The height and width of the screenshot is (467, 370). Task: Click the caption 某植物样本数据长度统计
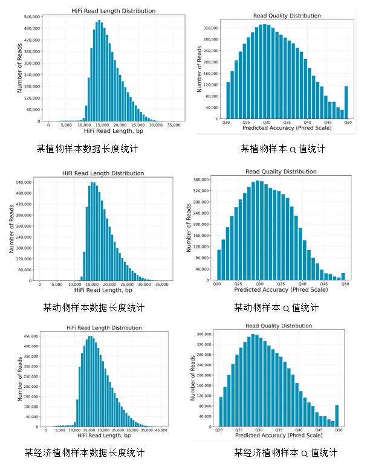(x=86, y=148)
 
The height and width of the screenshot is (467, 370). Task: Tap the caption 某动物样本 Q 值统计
(x=276, y=308)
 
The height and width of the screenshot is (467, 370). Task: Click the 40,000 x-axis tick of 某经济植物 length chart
(x=161, y=430)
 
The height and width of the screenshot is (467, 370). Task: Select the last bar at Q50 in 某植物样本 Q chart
(x=346, y=103)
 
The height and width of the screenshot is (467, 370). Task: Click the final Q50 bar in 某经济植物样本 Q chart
(x=337, y=415)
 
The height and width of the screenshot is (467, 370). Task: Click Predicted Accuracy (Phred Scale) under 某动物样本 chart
(x=281, y=290)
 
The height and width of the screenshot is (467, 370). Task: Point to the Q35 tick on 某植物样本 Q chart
(x=287, y=123)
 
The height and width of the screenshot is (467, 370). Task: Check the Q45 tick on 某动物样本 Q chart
(x=323, y=283)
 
